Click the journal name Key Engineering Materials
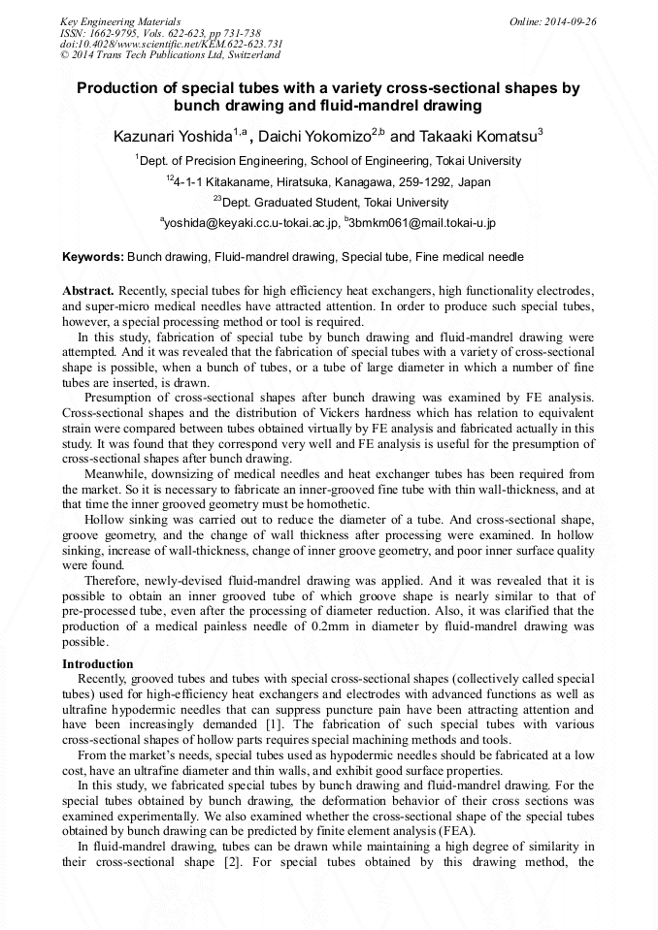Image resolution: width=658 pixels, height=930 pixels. click(120, 21)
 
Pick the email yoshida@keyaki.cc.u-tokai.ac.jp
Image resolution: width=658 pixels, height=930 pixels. click(251, 224)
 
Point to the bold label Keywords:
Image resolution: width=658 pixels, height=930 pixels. click(93, 257)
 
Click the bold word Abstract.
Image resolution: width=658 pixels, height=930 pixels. click(88, 291)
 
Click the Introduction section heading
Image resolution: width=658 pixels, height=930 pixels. click(97, 664)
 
